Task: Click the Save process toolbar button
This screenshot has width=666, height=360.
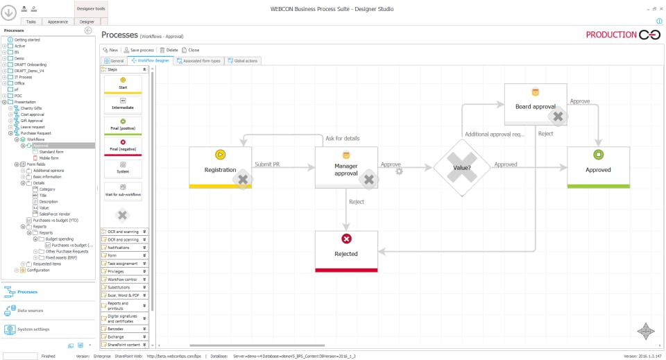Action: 138,50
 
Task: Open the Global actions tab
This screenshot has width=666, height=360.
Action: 242,61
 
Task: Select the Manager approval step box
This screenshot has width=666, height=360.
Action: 346,167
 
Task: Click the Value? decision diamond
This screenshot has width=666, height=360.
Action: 462,167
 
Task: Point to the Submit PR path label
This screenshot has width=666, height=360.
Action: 268,164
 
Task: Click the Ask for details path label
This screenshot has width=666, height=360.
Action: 343,139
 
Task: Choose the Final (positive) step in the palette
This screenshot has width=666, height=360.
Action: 122,124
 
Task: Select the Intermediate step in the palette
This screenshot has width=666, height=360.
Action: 122,104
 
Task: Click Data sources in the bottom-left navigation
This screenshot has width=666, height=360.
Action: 30,310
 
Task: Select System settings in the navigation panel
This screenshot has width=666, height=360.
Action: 33,329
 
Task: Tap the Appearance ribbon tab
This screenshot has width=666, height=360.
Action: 58,22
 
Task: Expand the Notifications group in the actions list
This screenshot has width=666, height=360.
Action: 125,247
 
